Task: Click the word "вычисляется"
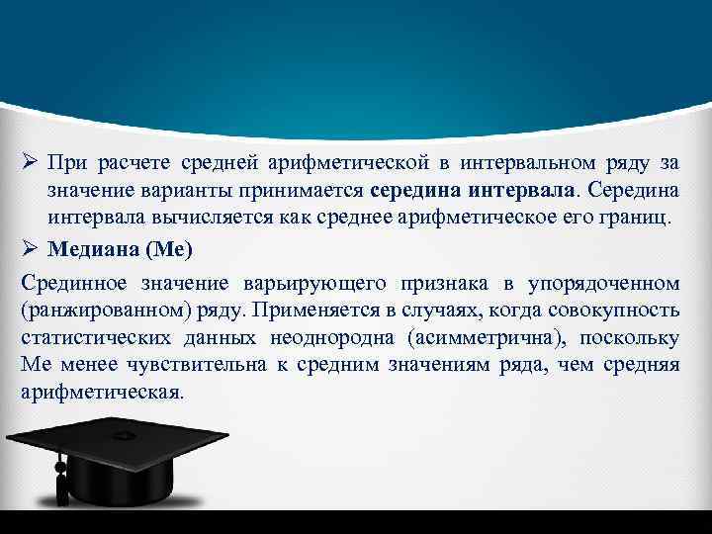click(189, 218)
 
